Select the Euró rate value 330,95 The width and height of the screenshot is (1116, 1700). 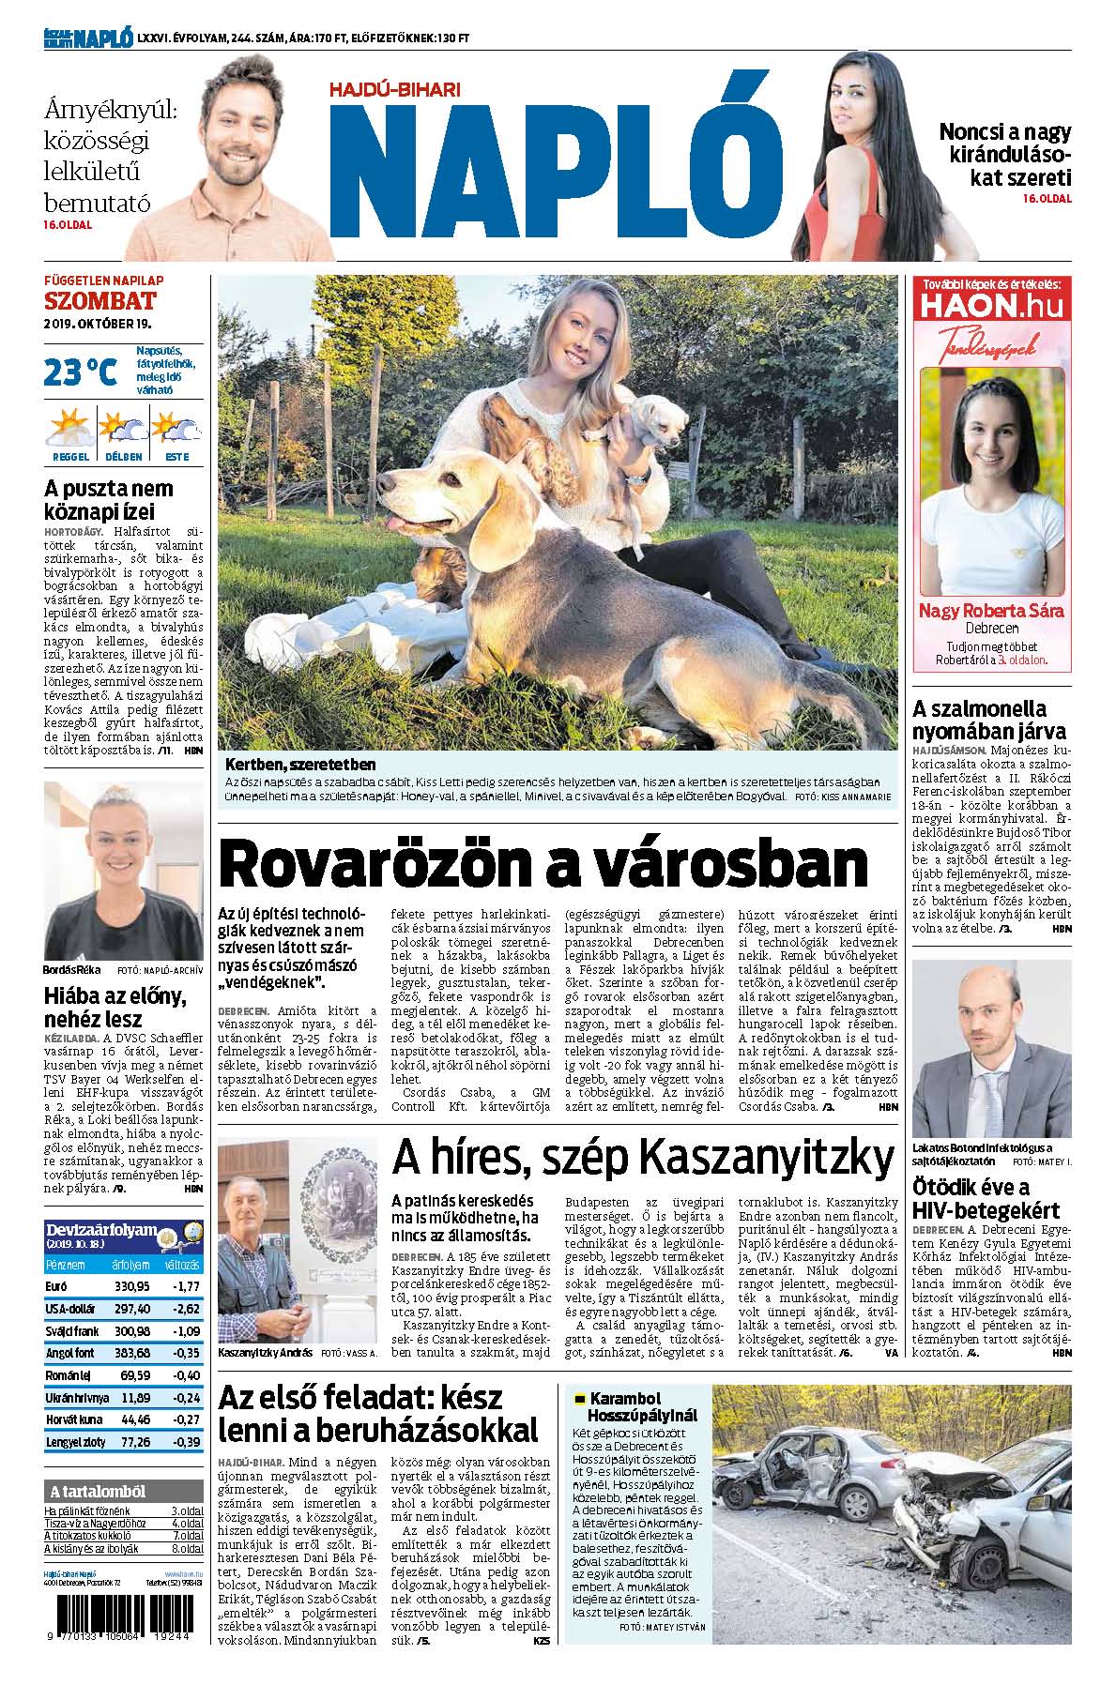131,1285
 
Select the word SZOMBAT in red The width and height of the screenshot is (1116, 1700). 99,301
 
